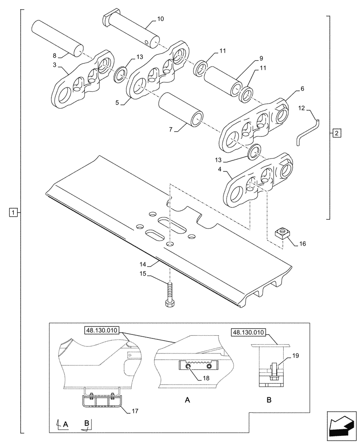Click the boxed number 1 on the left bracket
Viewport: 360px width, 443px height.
(14, 212)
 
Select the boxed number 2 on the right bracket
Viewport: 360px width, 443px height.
(337, 132)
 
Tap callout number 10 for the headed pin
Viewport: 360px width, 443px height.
(160, 19)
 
